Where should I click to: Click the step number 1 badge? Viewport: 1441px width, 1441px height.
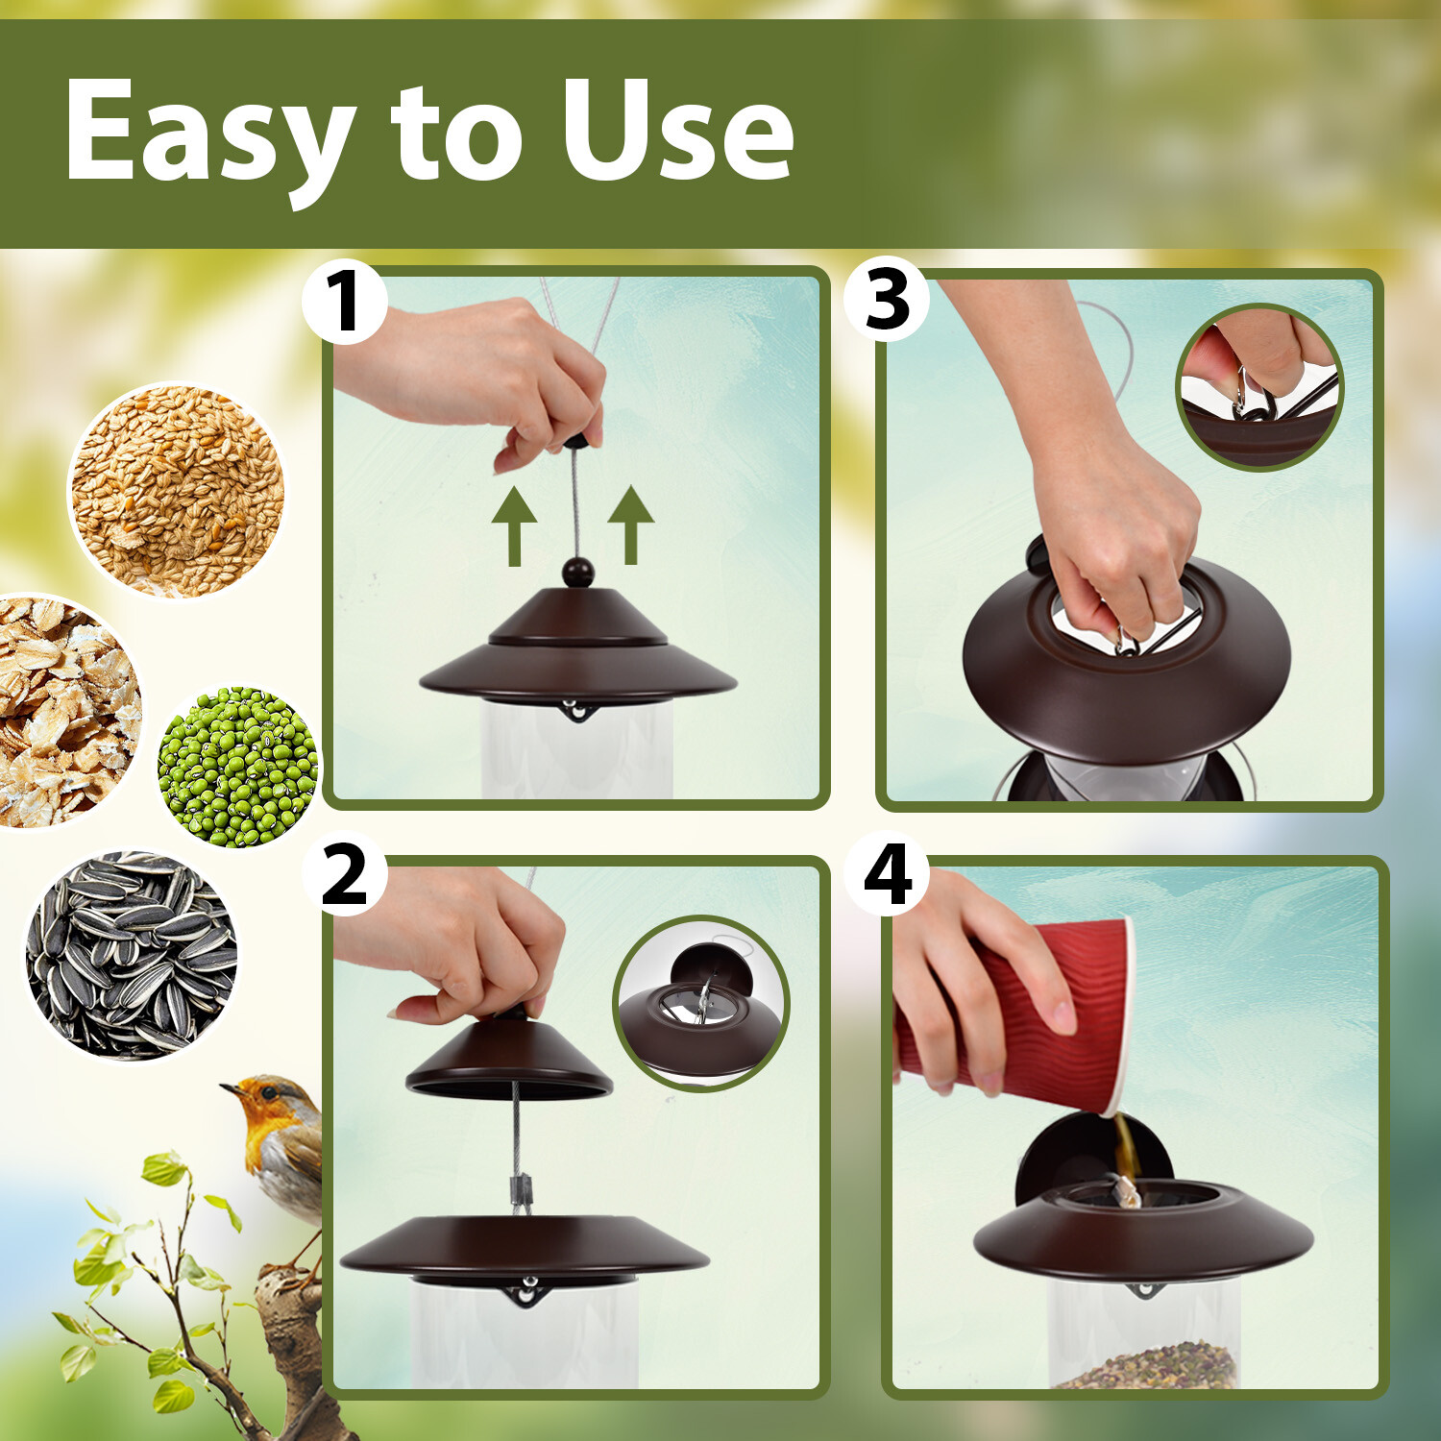click(x=345, y=302)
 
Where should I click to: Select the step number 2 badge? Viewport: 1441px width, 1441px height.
click(x=345, y=873)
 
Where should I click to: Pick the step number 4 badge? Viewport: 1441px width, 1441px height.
click(x=887, y=873)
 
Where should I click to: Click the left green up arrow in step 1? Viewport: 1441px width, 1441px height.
click(x=514, y=525)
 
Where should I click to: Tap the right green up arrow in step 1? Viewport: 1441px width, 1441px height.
click(x=631, y=525)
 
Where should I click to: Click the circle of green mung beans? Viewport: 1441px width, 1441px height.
click(x=238, y=767)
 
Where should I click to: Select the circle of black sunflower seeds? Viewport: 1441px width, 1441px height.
click(x=132, y=956)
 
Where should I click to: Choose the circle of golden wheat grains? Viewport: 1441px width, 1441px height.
click(x=178, y=491)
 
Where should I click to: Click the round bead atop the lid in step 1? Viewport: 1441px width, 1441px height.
click(x=577, y=573)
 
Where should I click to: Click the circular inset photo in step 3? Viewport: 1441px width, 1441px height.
click(x=1260, y=387)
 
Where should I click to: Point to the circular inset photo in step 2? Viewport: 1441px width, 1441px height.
click(x=701, y=1003)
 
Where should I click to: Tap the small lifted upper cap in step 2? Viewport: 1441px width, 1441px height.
click(x=509, y=1057)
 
